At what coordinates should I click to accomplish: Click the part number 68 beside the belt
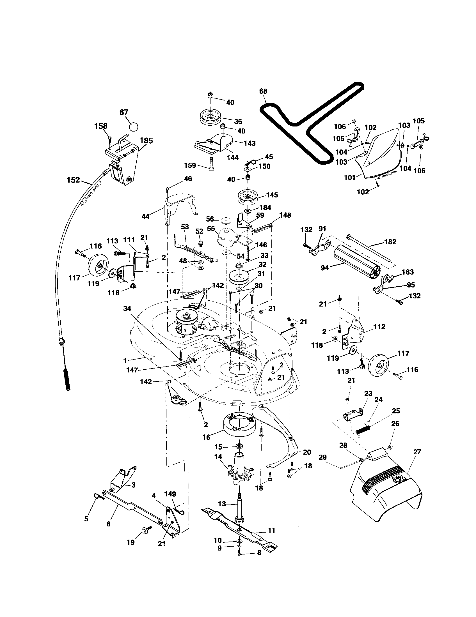tap(263, 91)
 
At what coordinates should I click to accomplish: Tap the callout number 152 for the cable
tap(73, 180)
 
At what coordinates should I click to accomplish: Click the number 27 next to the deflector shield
tap(417, 452)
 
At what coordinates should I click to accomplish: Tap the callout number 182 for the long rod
tap(390, 242)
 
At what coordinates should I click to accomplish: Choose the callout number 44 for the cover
tap(146, 217)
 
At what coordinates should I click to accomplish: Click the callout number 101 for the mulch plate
tap(350, 178)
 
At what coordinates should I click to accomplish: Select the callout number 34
tap(127, 309)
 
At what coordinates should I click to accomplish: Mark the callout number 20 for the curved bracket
tap(307, 452)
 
